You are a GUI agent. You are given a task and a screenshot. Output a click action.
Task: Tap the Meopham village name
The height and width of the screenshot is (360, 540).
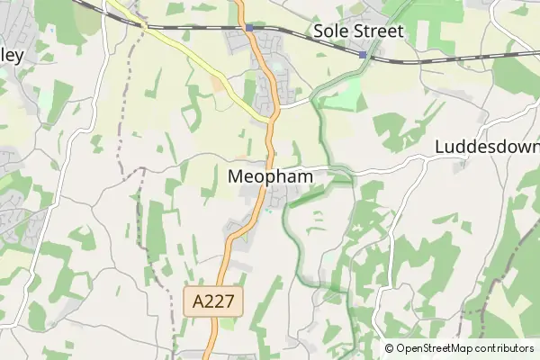[271, 176]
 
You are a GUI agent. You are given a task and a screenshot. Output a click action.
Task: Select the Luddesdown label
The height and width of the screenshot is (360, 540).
[487, 147]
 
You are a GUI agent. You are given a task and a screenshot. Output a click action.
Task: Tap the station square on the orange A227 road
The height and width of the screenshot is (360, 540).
[249, 28]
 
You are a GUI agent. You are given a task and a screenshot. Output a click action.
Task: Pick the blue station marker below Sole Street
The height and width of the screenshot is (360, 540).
[363, 55]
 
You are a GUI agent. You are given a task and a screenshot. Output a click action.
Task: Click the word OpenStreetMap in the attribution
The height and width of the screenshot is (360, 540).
[441, 348]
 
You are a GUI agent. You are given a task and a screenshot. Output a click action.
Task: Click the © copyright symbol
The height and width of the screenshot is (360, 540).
[390, 348]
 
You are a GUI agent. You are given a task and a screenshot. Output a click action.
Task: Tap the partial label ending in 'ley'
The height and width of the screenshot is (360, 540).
[11, 54]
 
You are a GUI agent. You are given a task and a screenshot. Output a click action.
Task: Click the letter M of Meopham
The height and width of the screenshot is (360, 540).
[237, 176]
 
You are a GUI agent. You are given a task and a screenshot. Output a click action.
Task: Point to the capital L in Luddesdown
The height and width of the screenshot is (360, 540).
[440, 147]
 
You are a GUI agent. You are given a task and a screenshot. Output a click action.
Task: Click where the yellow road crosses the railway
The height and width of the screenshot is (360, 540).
[143, 26]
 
